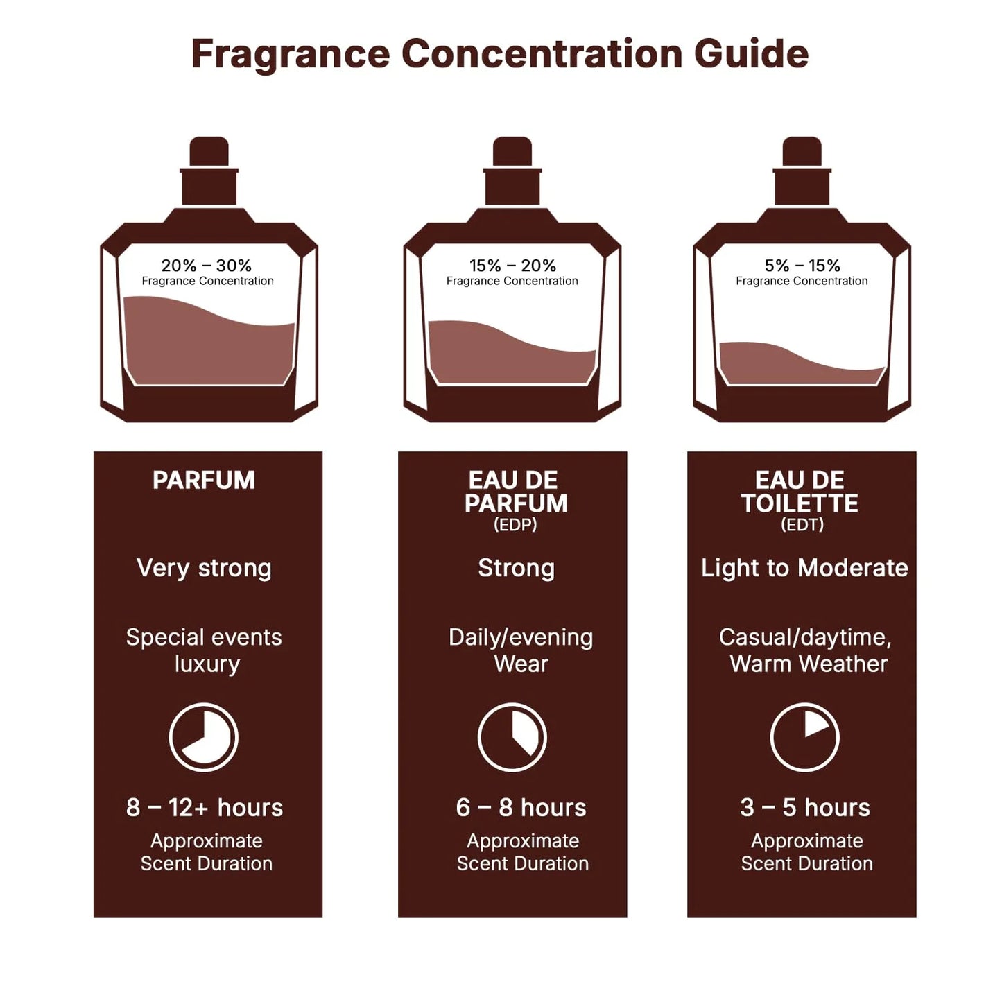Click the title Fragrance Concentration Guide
[500, 54]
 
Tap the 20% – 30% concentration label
[207, 266]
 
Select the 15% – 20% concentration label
[512, 266]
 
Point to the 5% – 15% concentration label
[802, 266]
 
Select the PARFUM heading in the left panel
[204, 481]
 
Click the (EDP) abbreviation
[515, 525]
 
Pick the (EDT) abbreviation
[802, 525]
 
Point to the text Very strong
[204, 568]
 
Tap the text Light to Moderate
[804, 568]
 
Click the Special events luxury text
[204, 650]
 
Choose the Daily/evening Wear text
[521, 650]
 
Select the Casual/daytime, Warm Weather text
[806, 650]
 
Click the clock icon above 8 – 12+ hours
[204, 737]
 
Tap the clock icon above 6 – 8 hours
[512, 737]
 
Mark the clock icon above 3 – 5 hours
[805, 737]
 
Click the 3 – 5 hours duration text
[805, 808]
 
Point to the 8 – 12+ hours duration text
[205, 808]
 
